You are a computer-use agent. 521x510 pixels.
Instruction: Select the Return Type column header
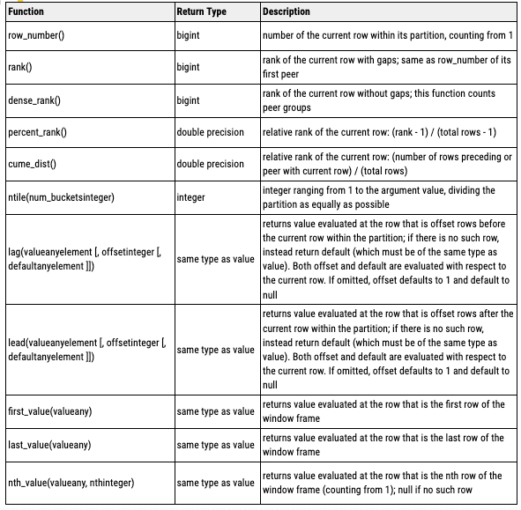click(205, 11)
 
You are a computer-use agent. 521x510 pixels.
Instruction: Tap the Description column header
click(287, 11)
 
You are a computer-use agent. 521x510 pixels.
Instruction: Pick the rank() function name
click(19, 66)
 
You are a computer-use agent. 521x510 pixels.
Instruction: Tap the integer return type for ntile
click(190, 197)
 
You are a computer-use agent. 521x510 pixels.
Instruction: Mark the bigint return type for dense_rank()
click(189, 100)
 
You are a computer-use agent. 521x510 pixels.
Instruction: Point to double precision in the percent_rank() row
click(211, 132)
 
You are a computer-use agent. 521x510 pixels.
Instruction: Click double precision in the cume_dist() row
click(211, 164)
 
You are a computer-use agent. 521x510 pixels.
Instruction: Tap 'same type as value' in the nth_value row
click(216, 482)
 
